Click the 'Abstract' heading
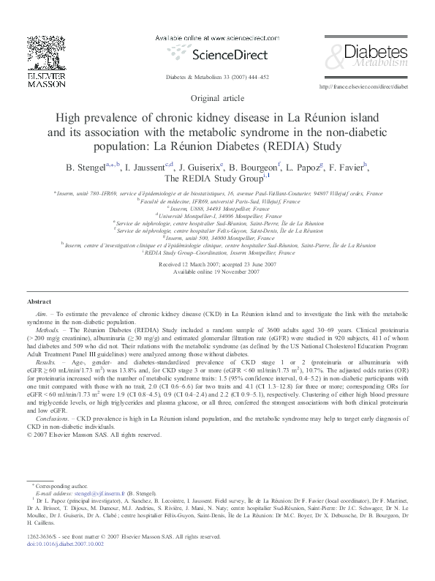pos(39,301)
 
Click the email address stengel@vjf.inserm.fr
pos(100,495)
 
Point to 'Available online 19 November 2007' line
pos(216,271)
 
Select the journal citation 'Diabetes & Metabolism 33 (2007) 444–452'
pos(217,76)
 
